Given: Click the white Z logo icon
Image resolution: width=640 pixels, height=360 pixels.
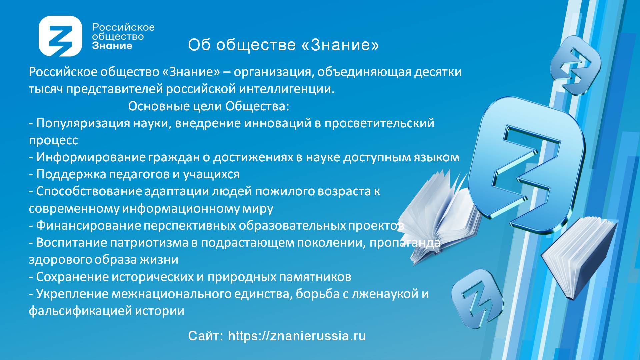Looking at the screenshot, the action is [60, 36].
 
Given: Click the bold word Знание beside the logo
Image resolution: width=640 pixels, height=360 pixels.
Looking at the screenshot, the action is [112, 46].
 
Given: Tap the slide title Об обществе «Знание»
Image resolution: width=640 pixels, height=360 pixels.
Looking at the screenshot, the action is [283, 45].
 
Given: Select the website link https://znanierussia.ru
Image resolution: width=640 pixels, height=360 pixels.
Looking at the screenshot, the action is [297, 336].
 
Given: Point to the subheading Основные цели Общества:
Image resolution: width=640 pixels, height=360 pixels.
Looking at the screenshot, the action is [209, 106].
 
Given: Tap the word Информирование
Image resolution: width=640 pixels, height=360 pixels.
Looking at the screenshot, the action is [91, 157].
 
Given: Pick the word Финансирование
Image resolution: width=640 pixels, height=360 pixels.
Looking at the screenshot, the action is [88, 226].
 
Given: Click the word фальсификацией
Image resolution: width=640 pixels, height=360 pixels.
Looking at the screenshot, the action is [80, 311].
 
